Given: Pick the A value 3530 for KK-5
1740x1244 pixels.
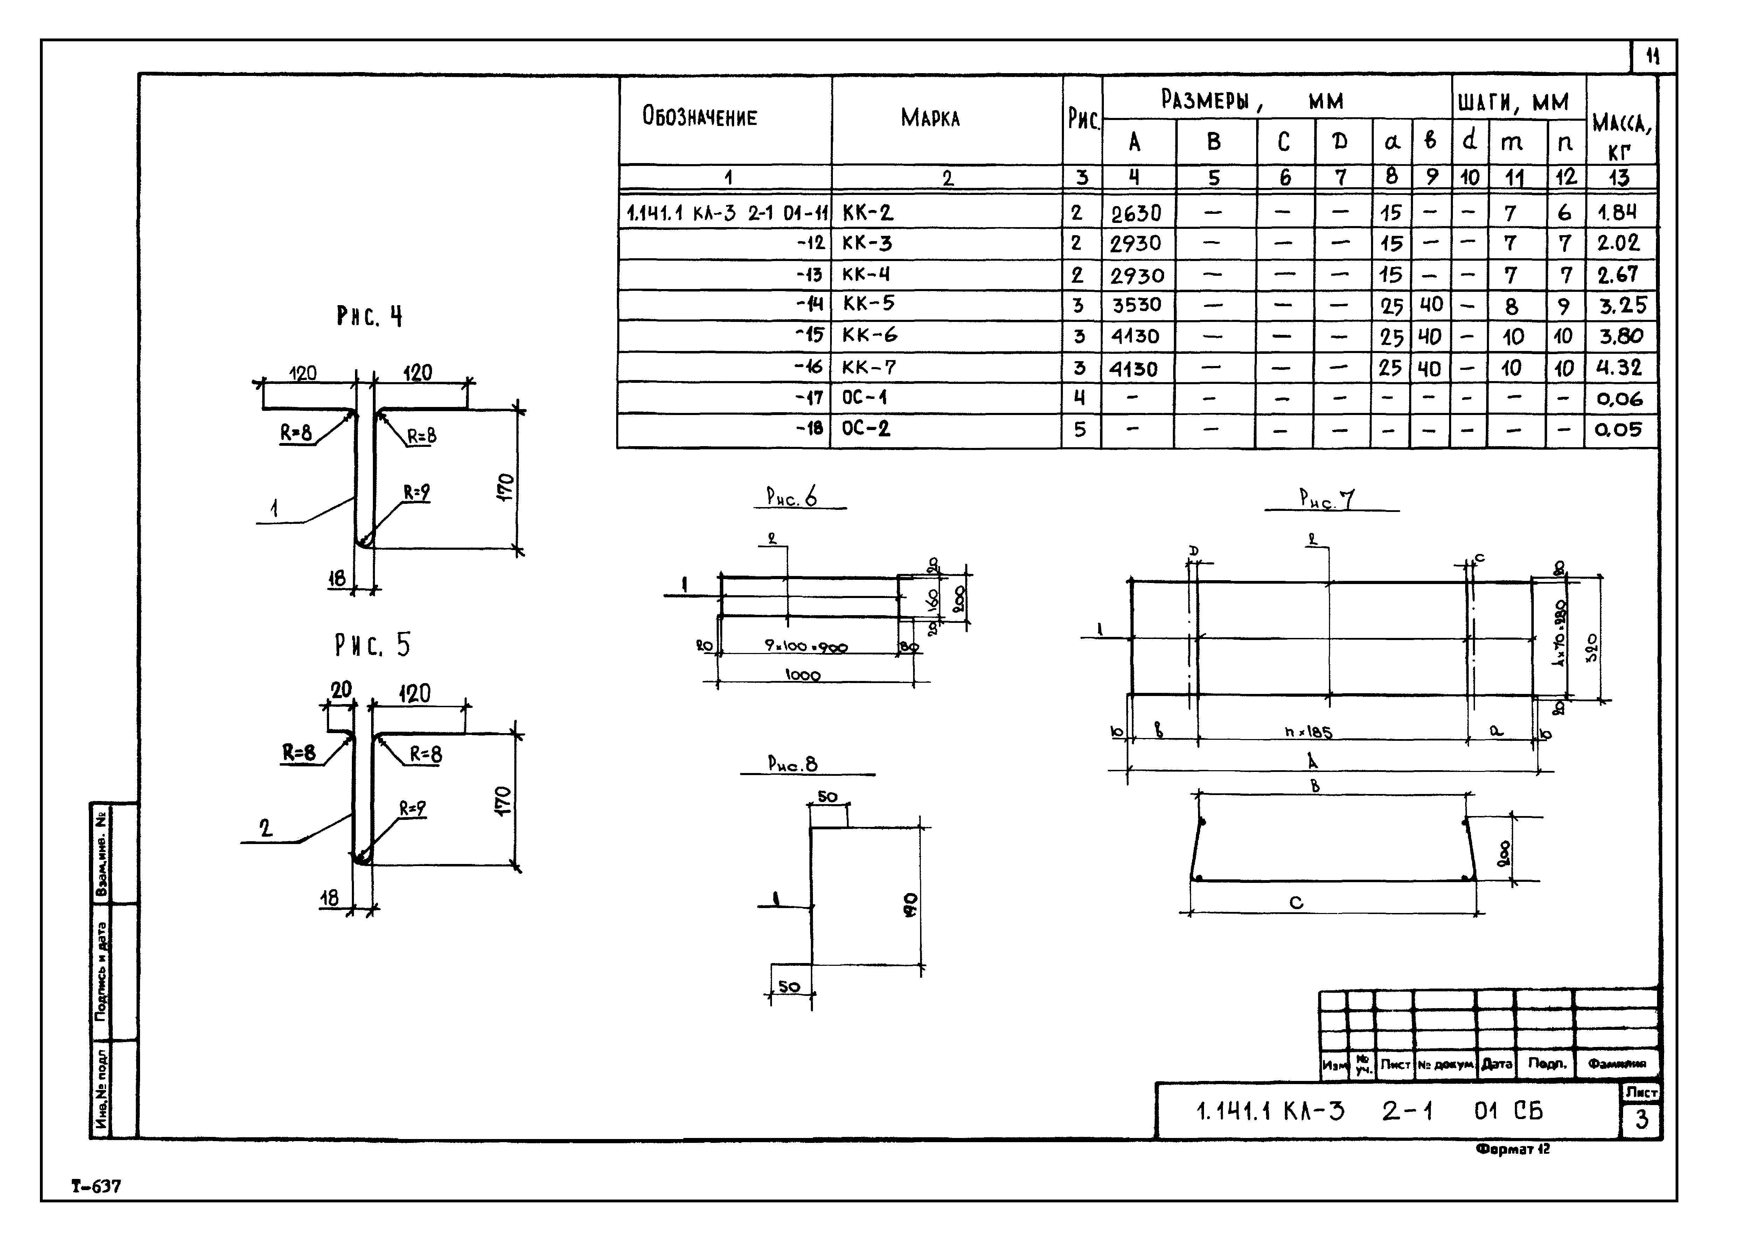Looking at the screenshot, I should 1136,305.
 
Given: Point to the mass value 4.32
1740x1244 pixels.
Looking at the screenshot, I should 1618,368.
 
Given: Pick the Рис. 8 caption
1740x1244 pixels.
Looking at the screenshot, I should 792,764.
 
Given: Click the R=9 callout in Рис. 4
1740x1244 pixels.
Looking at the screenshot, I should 417,493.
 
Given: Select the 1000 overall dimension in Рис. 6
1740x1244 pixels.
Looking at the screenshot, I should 802,675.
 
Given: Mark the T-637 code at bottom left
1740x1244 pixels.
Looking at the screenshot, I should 96,1187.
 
